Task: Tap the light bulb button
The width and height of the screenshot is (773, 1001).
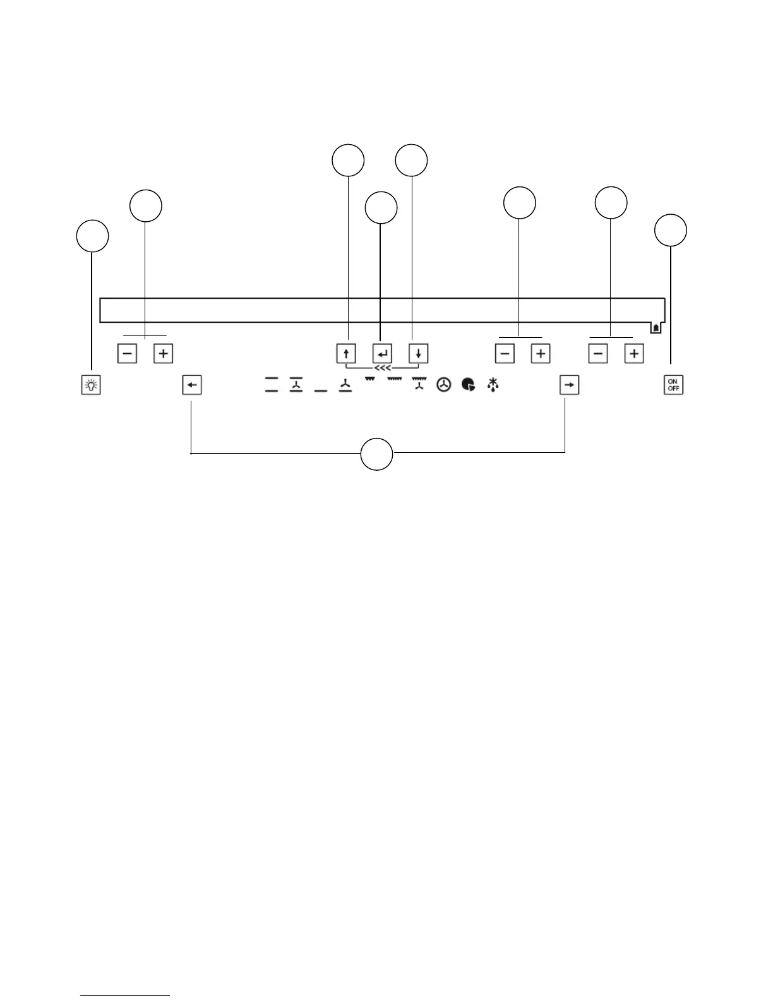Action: [91, 385]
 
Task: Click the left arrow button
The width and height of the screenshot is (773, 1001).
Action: [192, 385]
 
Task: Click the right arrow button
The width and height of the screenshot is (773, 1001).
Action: [569, 385]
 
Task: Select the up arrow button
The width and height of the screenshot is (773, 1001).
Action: [346, 353]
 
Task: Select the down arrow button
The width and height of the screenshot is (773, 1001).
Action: [418, 353]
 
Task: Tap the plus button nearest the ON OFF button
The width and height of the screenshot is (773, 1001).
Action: [634, 353]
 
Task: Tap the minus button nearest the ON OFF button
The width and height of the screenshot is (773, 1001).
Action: [598, 353]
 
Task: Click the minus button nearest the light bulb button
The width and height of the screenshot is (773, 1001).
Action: [127, 353]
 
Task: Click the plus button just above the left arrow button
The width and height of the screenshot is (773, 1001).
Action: [163, 353]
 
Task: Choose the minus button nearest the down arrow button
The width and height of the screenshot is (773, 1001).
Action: [505, 353]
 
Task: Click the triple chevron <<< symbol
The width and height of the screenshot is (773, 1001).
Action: [382, 368]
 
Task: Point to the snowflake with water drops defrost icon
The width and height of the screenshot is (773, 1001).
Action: [493, 384]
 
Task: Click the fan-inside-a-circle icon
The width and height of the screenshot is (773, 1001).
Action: [444, 384]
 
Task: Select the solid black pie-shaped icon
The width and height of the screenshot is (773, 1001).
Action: [469, 384]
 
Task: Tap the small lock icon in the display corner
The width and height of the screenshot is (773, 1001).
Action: [656, 328]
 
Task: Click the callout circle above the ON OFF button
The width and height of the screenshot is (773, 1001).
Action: [671, 230]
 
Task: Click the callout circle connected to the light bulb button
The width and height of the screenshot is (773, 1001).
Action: [92, 236]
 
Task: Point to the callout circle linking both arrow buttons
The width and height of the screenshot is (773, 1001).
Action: [377, 454]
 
